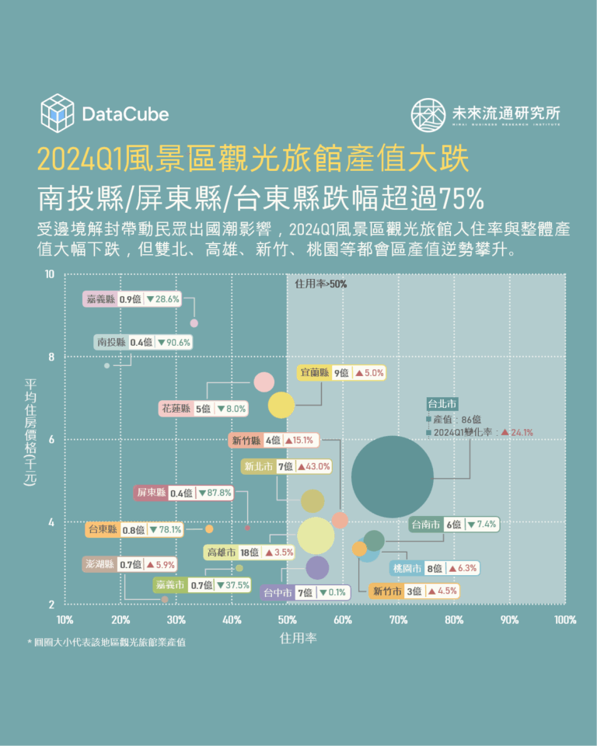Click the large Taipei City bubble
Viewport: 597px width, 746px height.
tap(392, 477)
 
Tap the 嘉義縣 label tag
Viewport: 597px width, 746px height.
tap(133, 298)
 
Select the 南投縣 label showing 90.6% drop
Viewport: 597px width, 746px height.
tap(143, 342)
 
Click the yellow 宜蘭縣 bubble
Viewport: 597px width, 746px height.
tap(281, 404)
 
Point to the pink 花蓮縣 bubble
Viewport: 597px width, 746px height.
tap(264, 382)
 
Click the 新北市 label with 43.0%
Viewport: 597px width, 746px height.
tap(286, 466)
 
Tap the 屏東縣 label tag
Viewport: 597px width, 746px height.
tap(183, 493)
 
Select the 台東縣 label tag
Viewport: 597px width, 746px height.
tap(135, 530)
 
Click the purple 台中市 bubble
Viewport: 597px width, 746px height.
tap(317, 568)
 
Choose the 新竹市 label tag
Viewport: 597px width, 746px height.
tap(414, 591)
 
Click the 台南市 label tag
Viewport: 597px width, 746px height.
tap(454, 525)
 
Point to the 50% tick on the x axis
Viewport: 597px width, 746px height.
tap(287, 620)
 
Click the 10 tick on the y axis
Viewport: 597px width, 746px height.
tap(50, 274)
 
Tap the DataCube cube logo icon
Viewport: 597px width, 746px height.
tap(57, 114)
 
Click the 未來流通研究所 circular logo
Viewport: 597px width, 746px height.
tap(428, 114)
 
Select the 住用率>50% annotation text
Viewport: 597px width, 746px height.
tap(321, 284)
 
